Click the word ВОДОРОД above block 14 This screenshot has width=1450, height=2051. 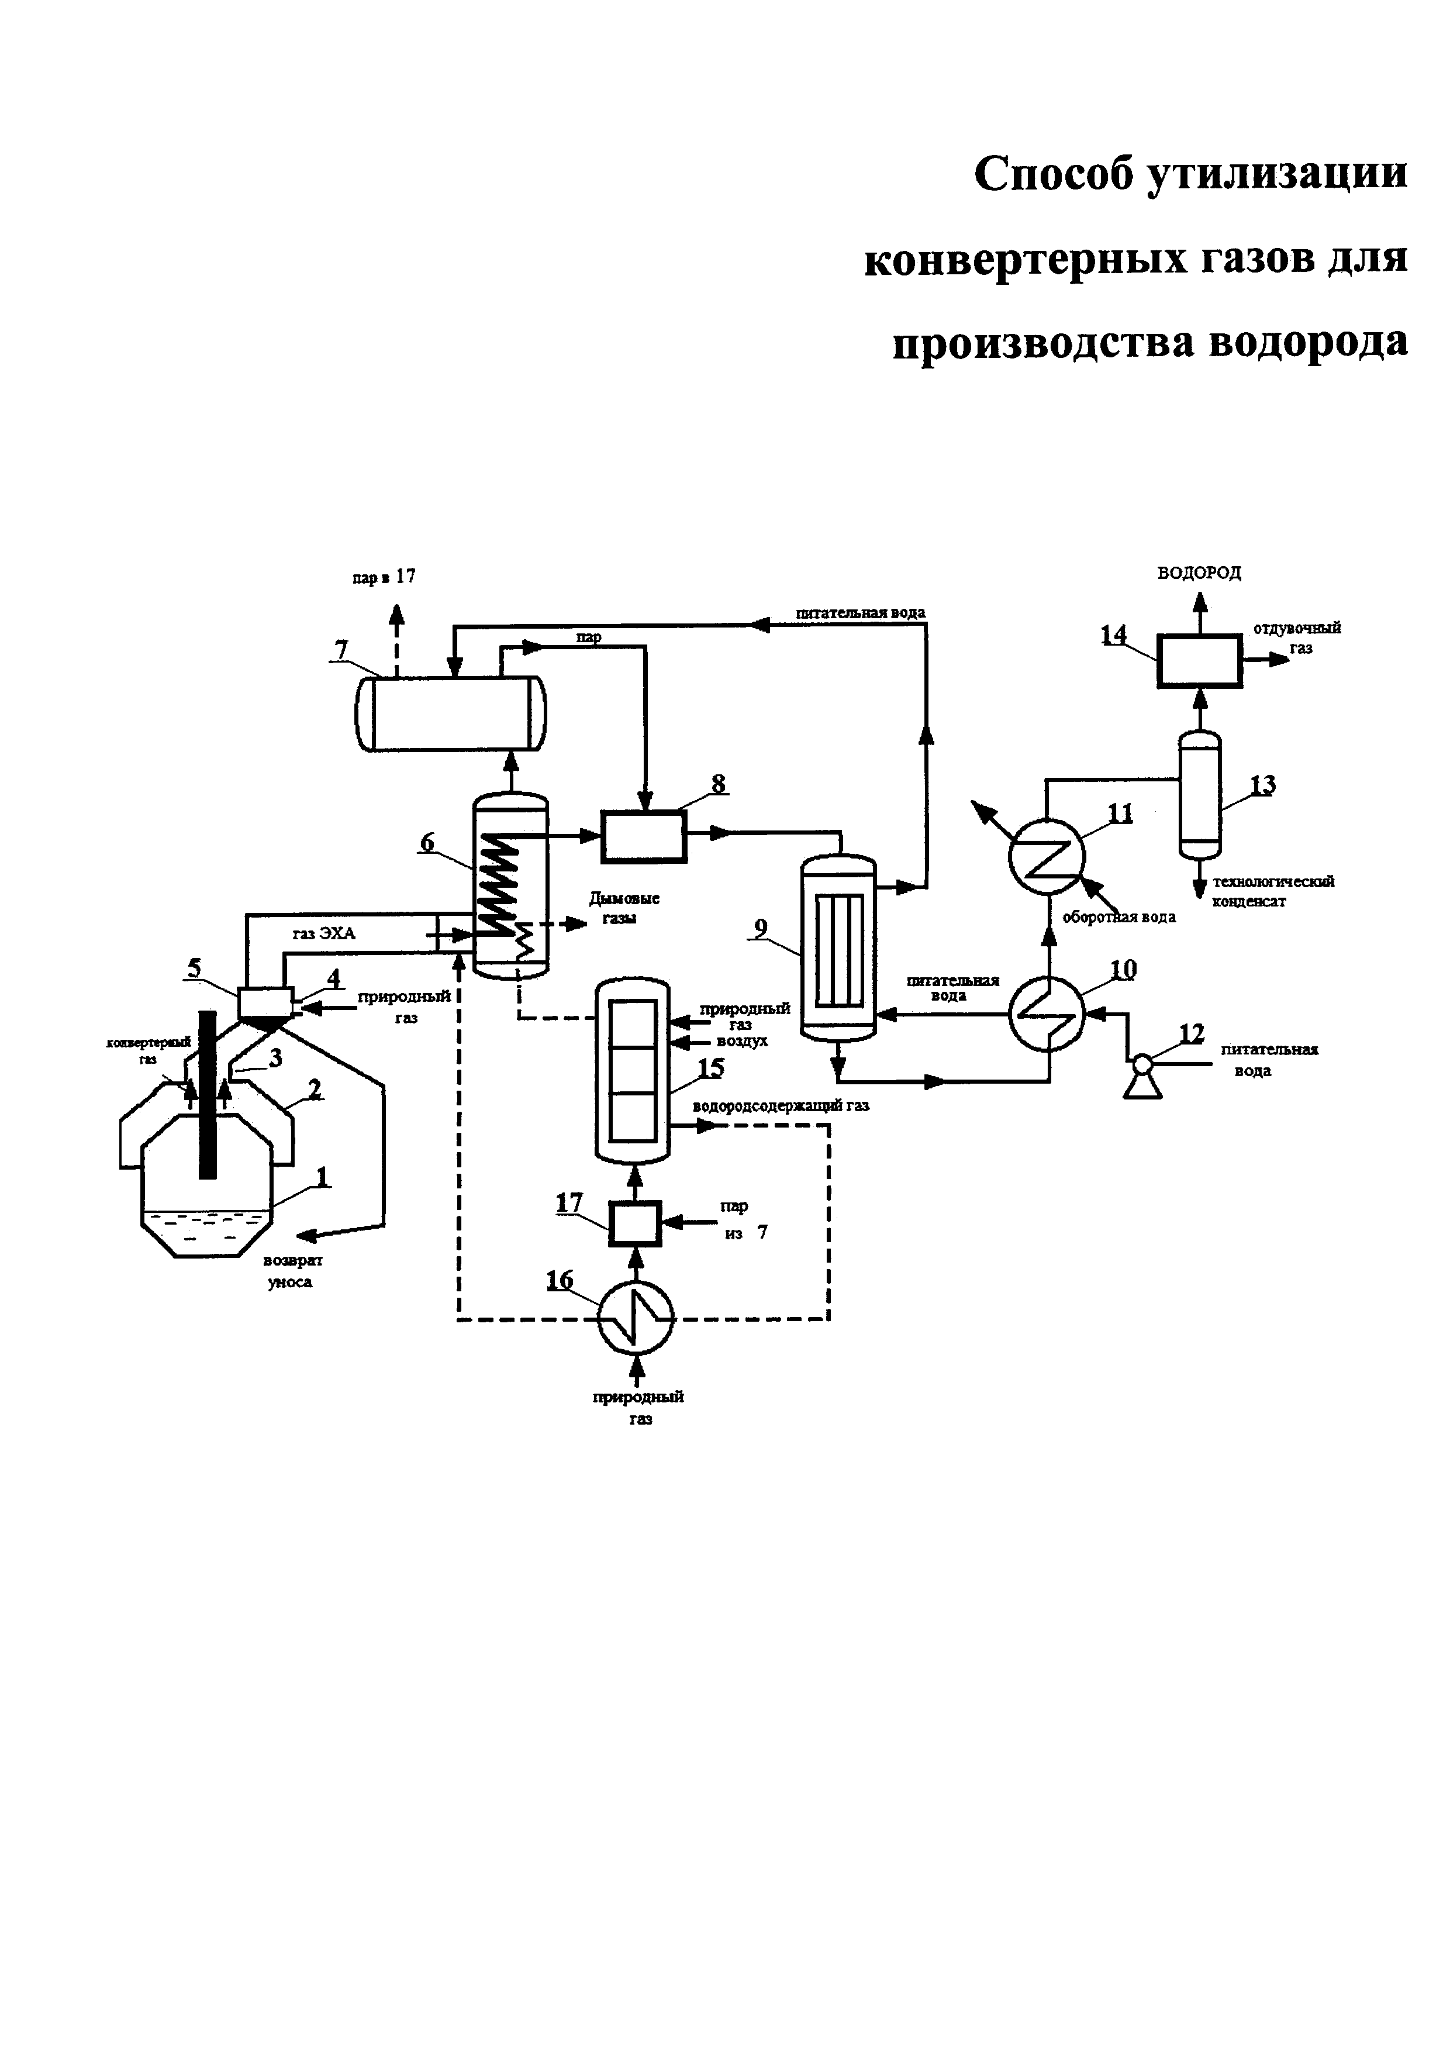pyautogui.click(x=1199, y=573)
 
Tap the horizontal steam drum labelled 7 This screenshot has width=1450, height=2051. pyautogui.click(x=451, y=713)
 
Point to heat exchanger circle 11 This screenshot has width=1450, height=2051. pyautogui.click(x=1045, y=856)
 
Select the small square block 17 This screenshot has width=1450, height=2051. pyautogui.click(x=635, y=1223)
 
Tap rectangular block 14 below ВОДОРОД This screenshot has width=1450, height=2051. pyautogui.click(x=1199, y=660)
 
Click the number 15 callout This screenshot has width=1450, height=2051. pyautogui.click(x=711, y=1067)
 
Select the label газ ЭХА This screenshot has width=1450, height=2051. pyautogui.click(x=323, y=933)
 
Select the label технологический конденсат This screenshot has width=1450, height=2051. pyautogui.click(x=1272, y=891)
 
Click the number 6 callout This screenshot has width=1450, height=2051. pyautogui.click(x=427, y=842)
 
